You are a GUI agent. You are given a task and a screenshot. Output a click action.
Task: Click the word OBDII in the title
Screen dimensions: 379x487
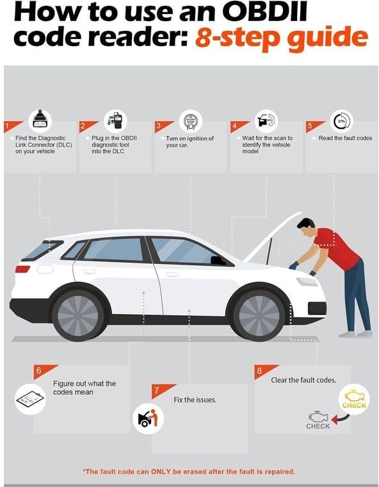(x=264, y=12)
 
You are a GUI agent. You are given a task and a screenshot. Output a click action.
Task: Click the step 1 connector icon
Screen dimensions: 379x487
(x=40, y=120)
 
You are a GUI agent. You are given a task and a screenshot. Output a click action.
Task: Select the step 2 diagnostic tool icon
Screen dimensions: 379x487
(x=115, y=120)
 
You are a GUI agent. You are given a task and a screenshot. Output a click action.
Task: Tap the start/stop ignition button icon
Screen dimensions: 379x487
(x=191, y=121)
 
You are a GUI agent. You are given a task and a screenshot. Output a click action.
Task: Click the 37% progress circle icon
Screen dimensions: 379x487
(x=341, y=121)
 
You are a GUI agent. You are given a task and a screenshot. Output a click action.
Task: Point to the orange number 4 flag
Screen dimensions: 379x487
(x=238, y=126)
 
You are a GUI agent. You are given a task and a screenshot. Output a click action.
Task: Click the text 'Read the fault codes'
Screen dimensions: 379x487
(x=345, y=138)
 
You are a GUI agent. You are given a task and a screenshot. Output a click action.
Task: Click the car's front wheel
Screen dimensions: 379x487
(x=259, y=315)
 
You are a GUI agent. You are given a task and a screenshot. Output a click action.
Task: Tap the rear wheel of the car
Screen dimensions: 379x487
(x=78, y=315)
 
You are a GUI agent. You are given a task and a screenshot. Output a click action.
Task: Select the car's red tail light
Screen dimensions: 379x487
(x=22, y=269)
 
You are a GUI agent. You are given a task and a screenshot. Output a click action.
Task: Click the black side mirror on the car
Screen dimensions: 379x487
(x=218, y=261)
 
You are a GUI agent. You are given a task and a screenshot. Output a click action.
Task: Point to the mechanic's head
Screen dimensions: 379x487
(x=307, y=226)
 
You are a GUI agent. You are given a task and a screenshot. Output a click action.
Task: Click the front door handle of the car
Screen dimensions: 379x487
(x=173, y=274)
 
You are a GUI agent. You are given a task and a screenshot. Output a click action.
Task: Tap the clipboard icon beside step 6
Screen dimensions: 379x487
(x=30, y=399)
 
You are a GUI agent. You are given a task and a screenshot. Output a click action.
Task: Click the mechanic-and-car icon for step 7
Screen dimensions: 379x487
(x=148, y=418)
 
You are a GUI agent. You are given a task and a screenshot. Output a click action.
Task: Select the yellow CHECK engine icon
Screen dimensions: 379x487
(x=354, y=399)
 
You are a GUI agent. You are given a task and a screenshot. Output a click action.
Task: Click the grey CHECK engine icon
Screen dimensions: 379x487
(x=318, y=420)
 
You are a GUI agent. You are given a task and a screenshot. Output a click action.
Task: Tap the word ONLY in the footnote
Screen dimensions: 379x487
(x=161, y=472)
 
